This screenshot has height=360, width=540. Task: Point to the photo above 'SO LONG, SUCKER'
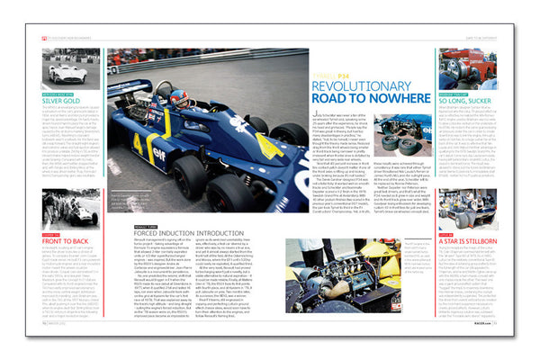pyautogui.click(x=467, y=69)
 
